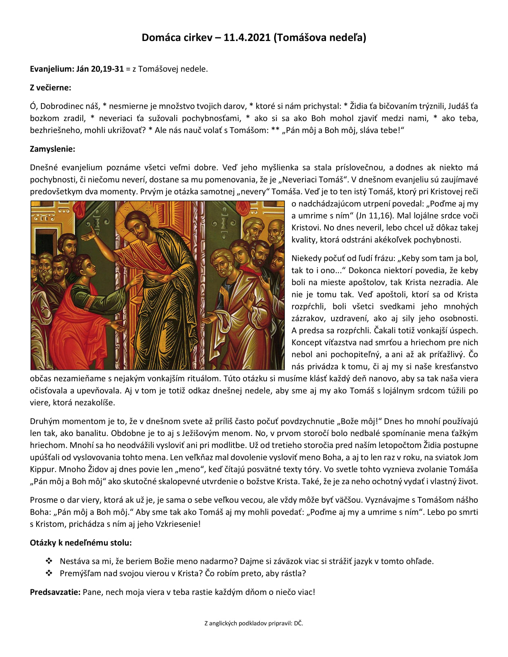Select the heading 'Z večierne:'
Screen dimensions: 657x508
50,88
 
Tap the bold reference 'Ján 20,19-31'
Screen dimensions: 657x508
100,69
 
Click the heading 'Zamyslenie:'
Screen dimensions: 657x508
52,149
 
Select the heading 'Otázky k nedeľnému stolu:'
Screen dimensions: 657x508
80,543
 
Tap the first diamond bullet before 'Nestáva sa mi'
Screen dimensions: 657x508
49,561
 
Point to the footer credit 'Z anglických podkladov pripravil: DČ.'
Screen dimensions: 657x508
254,624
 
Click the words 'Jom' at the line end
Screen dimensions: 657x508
470,457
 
